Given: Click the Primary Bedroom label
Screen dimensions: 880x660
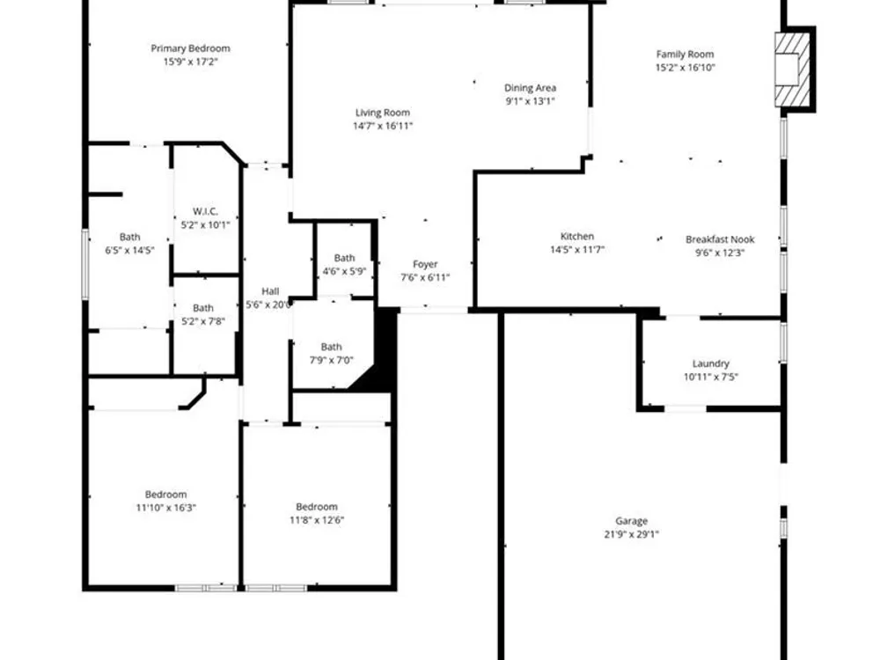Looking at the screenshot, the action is tap(190, 48).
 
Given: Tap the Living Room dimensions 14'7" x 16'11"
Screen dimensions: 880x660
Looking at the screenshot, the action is tap(383, 126).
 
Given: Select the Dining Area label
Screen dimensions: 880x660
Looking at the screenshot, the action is tap(530, 87).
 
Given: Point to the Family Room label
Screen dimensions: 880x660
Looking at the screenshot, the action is tap(686, 54).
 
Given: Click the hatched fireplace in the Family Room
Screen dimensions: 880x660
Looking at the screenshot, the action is tap(793, 70).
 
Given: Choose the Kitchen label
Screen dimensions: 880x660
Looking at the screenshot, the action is tap(577, 236).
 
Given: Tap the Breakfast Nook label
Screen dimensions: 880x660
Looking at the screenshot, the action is tap(720, 239).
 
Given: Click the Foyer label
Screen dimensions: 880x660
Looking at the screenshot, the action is tap(425, 264).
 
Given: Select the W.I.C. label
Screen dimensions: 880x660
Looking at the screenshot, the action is tap(205, 211).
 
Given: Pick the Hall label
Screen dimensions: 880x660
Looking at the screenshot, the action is tap(270, 291).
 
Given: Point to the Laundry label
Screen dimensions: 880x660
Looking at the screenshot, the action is tap(710, 363).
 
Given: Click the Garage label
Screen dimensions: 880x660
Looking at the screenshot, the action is tap(631, 521).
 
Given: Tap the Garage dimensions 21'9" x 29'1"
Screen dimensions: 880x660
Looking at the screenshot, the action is tap(631, 534).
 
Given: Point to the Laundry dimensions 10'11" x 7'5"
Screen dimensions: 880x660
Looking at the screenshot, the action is tap(710, 378).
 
